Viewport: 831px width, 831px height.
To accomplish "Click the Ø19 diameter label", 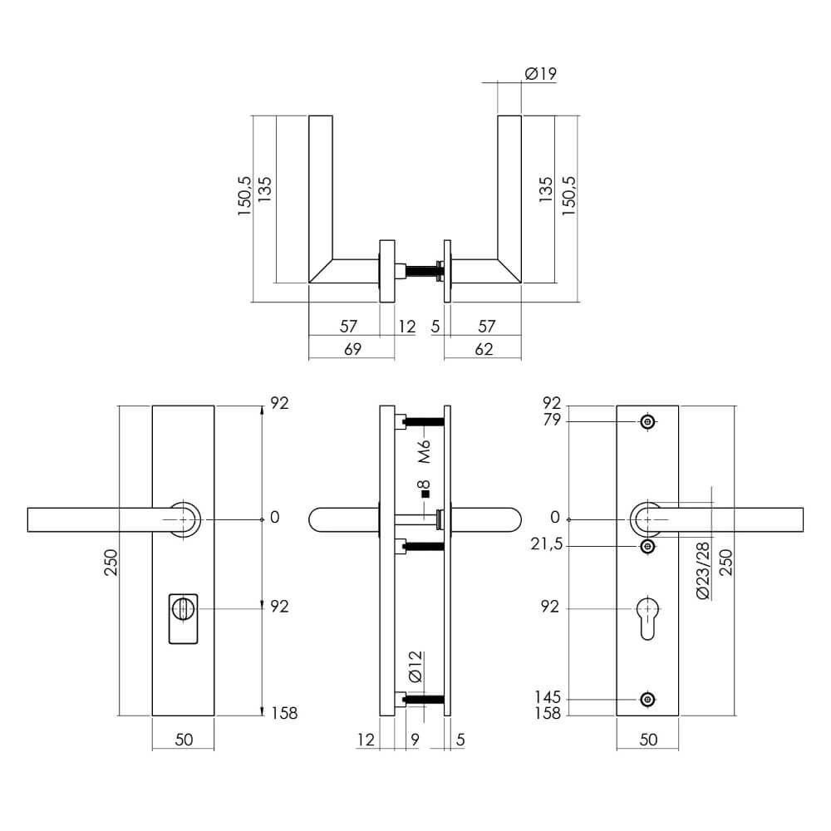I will [540, 74].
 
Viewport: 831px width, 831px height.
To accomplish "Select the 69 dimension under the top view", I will [352, 349].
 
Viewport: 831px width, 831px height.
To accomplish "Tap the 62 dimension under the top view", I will [483, 349].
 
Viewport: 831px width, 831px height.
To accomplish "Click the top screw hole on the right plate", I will [648, 422].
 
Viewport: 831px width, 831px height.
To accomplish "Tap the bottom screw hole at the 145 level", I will [648, 699].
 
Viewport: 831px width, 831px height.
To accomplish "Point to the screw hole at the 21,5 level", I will [648, 546].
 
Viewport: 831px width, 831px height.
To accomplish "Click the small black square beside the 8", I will [425, 494].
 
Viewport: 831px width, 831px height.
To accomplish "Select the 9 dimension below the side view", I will [414, 738].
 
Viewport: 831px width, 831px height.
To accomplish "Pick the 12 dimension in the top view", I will [406, 327].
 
